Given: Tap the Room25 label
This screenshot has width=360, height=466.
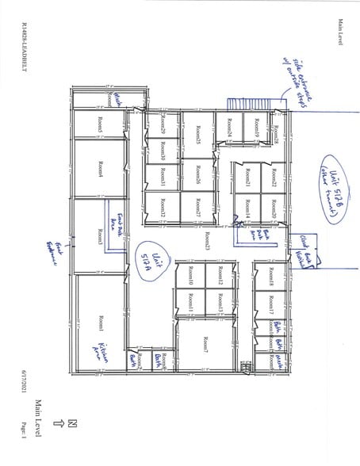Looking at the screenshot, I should click(197, 136).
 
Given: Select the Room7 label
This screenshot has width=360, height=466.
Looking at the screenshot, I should click(205, 344).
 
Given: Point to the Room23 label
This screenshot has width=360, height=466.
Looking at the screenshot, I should click(206, 242).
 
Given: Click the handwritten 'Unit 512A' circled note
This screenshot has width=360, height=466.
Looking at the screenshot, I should click(151, 262).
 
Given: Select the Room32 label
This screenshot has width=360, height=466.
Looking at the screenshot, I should click(162, 208).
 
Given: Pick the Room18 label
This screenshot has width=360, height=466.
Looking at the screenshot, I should click(272, 278).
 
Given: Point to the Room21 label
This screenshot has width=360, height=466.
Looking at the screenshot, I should click(249, 180).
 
